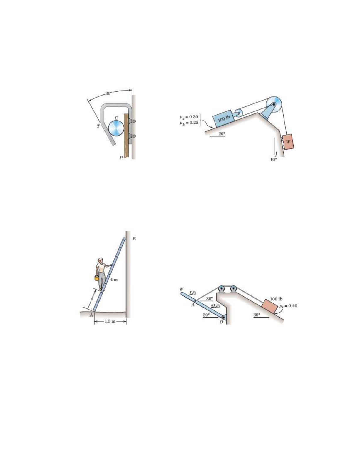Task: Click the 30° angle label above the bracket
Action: click(x=109, y=93)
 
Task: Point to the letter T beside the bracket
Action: click(x=98, y=126)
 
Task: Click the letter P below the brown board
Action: click(x=121, y=158)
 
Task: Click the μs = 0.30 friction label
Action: click(x=189, y=117)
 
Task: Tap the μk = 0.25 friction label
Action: click(x=189, y=123)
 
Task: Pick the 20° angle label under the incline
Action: click(x=222, y=133)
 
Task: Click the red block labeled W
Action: click(x=288, y=142)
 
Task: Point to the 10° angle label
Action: click(x=273, y=159)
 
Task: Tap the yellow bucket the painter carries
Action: click(x=97, y=278)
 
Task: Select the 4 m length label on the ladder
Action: click(x=114, y=280)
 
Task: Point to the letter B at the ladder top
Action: click(x=134, y=239)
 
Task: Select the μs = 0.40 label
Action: click(x=288, y=305)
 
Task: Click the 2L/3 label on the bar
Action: click(x=215, y=306)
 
